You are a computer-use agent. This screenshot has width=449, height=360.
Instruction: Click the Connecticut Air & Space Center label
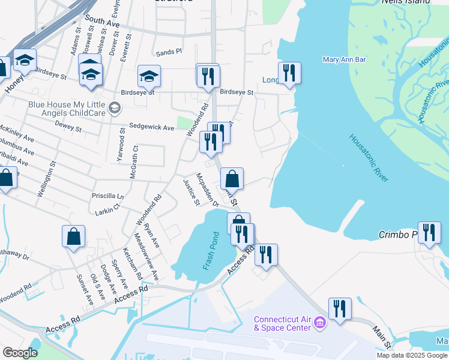click(282, 323)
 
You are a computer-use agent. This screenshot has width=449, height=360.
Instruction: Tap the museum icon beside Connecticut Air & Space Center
click(319, 324)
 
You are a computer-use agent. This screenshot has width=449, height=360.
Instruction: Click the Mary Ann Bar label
click(344, 59)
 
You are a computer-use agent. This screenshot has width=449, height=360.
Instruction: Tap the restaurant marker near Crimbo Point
click(429, 232)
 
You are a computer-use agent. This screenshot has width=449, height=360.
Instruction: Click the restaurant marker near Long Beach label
click(289, 73)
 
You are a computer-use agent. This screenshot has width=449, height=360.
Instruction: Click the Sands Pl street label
click(169, 52)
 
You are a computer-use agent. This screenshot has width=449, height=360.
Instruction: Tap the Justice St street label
click(191, 193)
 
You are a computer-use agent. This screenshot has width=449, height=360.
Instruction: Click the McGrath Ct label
click(134, 161)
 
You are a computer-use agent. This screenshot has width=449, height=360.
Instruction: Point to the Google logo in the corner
click(20, 353)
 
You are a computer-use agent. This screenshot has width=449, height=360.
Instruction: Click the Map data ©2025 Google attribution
click(412, 355)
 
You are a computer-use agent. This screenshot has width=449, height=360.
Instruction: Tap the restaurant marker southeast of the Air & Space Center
click(340, 308)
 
